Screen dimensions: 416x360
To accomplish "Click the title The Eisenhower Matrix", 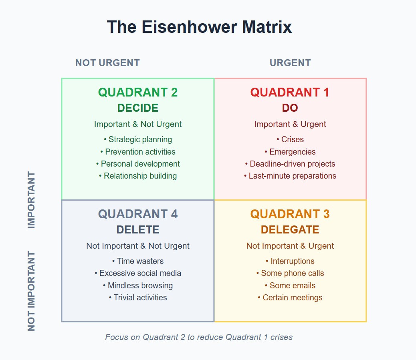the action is click(x=199, y=27).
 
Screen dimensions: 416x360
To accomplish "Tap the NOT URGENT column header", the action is click(x=107, y=63).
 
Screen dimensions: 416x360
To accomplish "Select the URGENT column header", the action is click(x=290, y=63).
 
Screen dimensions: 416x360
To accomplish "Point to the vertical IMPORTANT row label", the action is click(x=31, y=199).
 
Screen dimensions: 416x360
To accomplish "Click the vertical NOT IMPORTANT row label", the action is click(x=31, y=291).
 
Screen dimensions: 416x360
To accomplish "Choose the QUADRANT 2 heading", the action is click(x=138, y=92).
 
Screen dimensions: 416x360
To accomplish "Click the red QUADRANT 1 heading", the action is click(x=290, y=92).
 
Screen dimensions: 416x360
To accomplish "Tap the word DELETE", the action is click(x=138, y=229).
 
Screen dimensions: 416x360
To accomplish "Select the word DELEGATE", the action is click(x=290, y=229).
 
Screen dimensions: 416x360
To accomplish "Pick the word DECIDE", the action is click(x=138, y=108).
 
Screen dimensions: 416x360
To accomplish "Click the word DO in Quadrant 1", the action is click(x=290, y=108).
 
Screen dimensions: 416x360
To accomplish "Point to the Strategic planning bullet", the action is click(x=138, y=139).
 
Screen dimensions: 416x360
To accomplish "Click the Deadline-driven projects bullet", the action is click(x=290, y=164).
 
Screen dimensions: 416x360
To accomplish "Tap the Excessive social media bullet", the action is click(x=138, y=273).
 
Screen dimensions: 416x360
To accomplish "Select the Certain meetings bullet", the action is click(x=290, y=298).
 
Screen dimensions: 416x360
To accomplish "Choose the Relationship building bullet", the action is click(x=138, y=176).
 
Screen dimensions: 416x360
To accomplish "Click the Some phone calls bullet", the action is click(x=290, y=273).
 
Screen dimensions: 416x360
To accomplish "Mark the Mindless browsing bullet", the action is click(x=138, y=286).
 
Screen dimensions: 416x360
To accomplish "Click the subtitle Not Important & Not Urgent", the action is click(x=138, y=246).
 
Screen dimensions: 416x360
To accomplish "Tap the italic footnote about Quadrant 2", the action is click(x=199, y=337).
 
